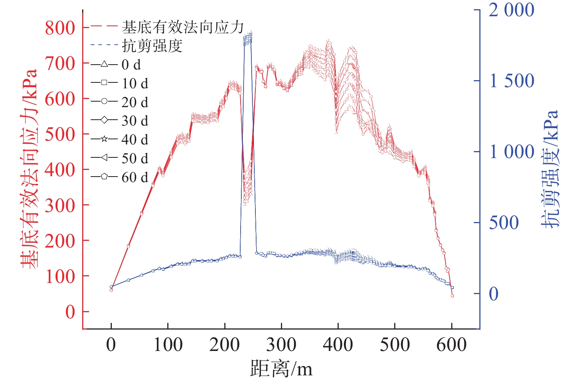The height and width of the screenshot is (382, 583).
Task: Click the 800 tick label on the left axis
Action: pos(60,28)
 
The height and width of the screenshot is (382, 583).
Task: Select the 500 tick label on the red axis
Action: pos(60,135)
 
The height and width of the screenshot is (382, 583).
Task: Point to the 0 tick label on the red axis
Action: pos(70,313)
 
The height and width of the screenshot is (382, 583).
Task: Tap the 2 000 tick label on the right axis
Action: pos(511,10)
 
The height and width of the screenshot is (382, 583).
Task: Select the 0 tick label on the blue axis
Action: pos(494,294)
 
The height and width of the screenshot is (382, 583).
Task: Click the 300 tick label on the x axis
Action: pos(281,345)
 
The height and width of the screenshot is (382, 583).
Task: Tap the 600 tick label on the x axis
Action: pos(452,345)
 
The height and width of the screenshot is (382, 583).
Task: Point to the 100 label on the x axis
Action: pos(168,345)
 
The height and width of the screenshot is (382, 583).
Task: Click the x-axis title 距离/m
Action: pos(281,369)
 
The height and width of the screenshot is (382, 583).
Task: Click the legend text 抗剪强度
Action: pos(152,46)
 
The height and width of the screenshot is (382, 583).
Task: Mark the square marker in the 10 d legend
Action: pos(104,83)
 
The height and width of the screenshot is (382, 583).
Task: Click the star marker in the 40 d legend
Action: pos(104,139)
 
